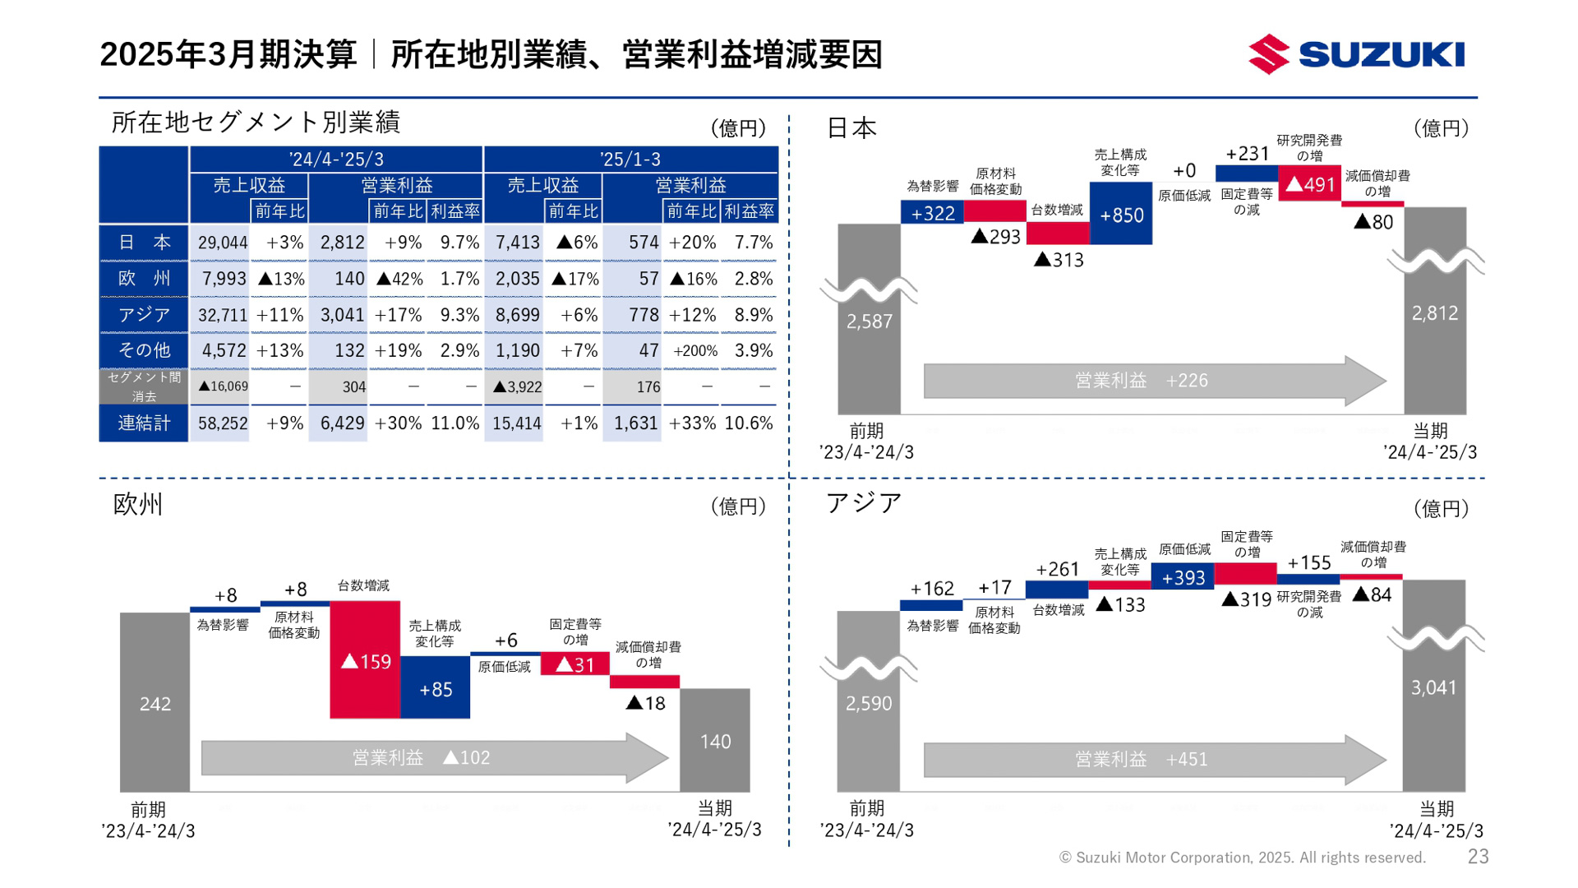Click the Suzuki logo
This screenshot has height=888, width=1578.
(x=1356, y=54)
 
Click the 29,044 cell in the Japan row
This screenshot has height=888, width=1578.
(x=222, y=243)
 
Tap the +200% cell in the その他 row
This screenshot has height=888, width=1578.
(x=694, y=351)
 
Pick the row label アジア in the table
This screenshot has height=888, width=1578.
(x=144, y=315)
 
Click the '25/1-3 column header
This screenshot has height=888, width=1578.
(x=630, y=159)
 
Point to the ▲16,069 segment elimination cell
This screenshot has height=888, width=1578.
(x=223, y=386)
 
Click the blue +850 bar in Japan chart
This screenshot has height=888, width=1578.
(x=1121, y=215)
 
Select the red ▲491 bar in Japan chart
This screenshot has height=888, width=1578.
(x=1309, y=185)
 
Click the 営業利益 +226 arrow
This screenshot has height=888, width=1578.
(x=1151, y=381)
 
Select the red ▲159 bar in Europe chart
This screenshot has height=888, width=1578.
(x=365, y=660)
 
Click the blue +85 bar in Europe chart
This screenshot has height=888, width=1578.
(x=435, y=689)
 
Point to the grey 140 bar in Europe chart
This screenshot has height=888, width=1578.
(x=714, y=741)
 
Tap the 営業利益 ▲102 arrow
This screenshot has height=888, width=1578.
(x=427, y=757)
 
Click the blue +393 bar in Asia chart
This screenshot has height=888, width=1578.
(x=1183, y=577)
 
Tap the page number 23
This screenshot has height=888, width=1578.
(x=1478, y=857)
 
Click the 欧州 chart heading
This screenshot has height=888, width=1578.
(x=138, y=504)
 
